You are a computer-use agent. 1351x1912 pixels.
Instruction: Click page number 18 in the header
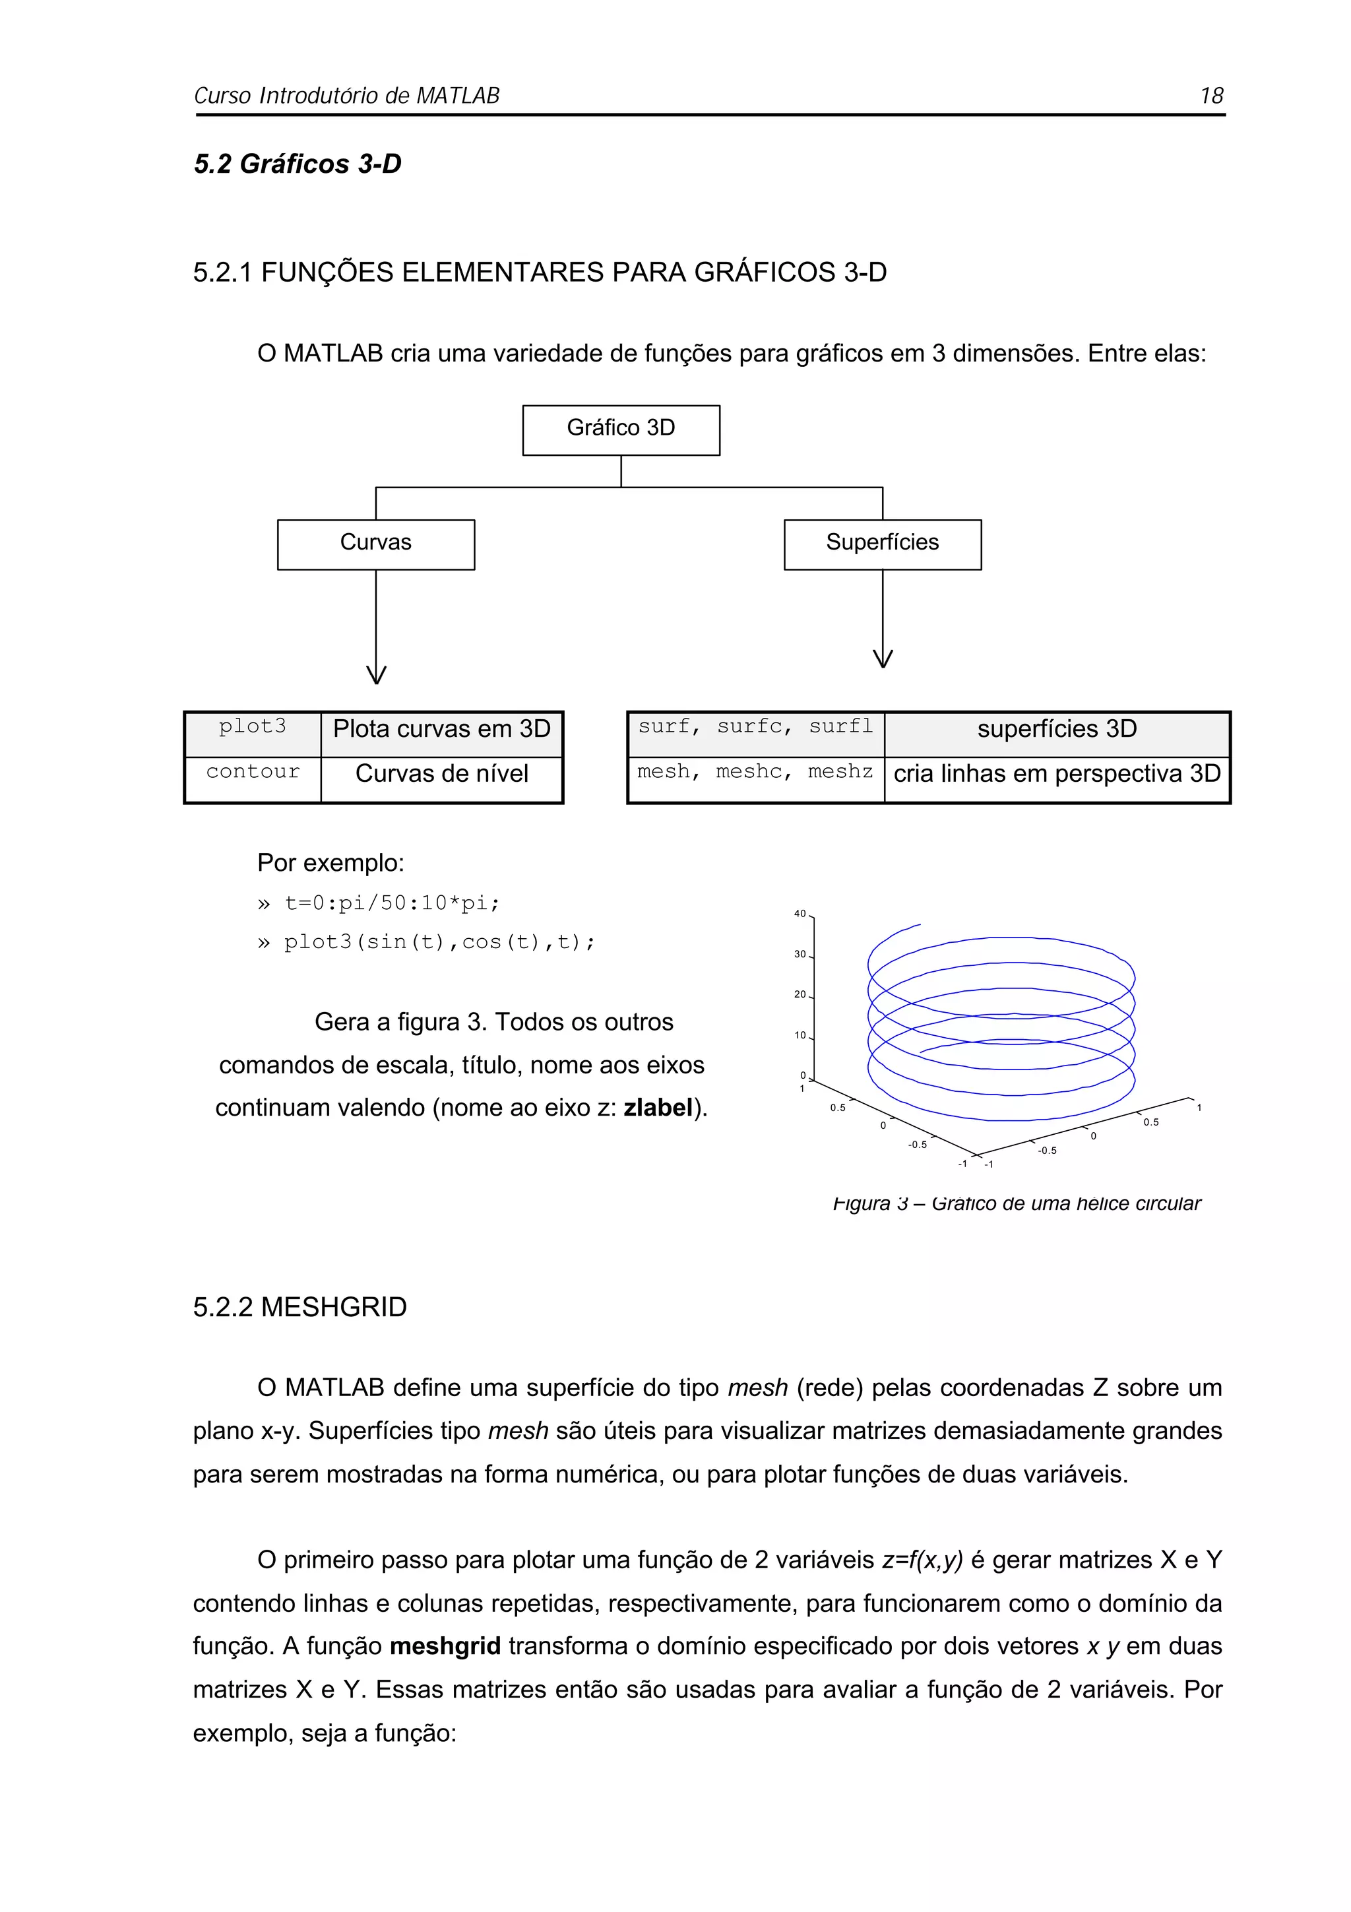(1211, 96)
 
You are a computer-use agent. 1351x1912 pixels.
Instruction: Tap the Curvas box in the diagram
(375, 544)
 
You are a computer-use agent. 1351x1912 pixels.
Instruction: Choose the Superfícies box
(883, 544)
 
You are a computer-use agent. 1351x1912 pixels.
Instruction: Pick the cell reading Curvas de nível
(441, 775)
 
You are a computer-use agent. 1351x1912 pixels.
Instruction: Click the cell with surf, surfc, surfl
(755, 728)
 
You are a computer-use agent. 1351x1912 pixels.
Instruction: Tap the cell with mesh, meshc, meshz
(755, 773)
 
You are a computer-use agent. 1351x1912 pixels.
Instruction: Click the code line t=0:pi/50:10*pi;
(391, 903)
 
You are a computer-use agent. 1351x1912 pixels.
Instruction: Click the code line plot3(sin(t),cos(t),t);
(439, 943)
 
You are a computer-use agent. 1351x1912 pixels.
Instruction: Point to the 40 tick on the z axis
(800, 914)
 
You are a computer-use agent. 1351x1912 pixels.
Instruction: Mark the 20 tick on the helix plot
(800, 994)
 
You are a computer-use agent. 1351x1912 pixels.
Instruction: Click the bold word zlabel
(658, 1108)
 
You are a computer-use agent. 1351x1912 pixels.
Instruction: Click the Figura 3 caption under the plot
(1017, 1203)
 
